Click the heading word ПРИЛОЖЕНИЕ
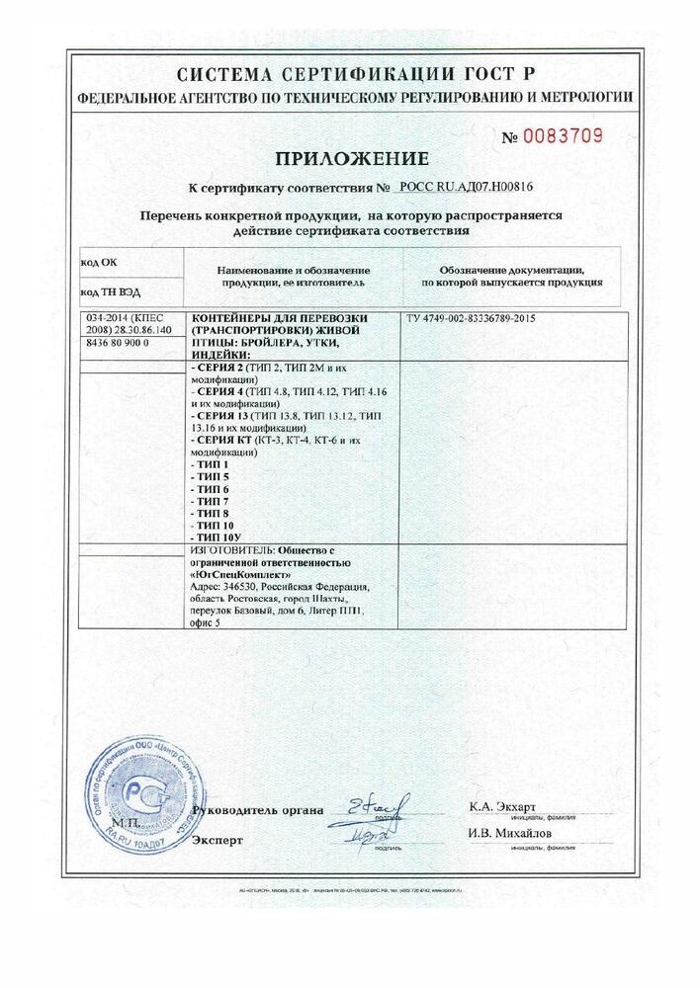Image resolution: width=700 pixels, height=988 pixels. [x=351, y=158]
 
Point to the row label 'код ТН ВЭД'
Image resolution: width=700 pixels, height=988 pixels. [x=106, y=294]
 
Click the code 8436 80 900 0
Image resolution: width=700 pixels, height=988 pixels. [x=117, y=340]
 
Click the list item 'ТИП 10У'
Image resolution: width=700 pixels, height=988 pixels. [x=213, y=535]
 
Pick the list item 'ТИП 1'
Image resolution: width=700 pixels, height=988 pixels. [x=208, y=464]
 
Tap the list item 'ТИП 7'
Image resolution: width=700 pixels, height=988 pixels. [x=208, y=500]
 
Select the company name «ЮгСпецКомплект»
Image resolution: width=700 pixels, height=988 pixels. [x=236, y=573]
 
